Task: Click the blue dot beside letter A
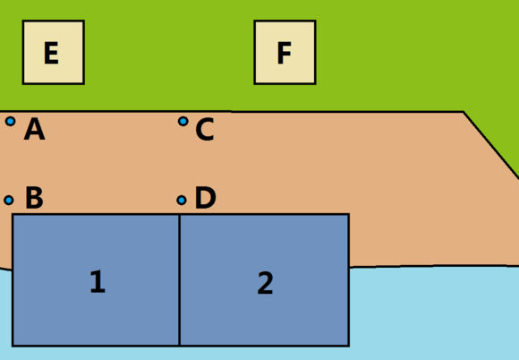pos(10,121)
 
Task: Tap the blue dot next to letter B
pos(9,200)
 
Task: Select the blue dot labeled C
pos(183,121)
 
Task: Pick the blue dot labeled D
pos(182,200)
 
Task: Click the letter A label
pos(34,129)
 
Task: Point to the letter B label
pos(34,198)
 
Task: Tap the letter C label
pos(205,130)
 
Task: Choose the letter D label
pos(206,198)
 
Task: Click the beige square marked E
pos(54,52)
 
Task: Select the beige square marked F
pos(285,52)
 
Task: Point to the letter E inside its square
pos(51,53)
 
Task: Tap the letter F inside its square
pos(285,53)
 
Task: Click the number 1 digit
pos(98,281)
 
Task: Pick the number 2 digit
pos(265,282)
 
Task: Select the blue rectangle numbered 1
pos(96,280)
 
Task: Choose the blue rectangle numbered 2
pos(264,280)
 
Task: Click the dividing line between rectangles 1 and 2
pos(179,280)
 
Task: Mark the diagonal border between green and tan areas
pos(491,145)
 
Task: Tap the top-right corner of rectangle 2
pos(349,215)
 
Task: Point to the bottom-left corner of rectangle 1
pos(13,346)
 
